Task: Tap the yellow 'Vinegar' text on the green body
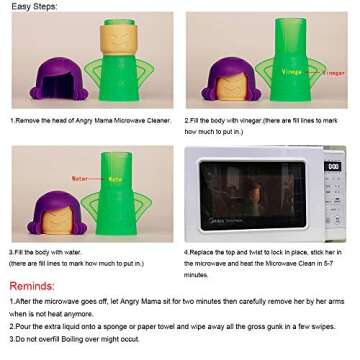click(292, 72)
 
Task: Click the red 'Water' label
click(80, 179)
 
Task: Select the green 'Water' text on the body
click(115, 179)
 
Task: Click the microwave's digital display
click(333, 166)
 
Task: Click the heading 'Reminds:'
click(32, 286)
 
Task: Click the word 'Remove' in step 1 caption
click(28, 120)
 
